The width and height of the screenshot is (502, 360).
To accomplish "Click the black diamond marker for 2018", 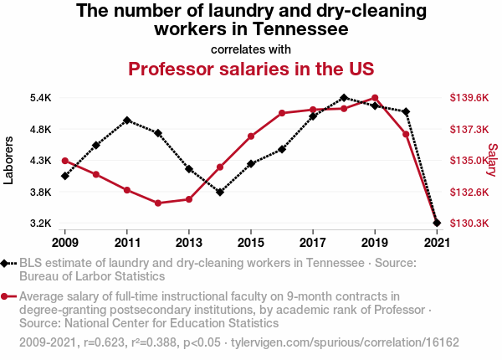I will tap(344, 98).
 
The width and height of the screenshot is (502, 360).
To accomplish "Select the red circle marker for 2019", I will tap(375, 98).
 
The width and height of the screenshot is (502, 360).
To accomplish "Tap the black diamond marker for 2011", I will tap(127, 120).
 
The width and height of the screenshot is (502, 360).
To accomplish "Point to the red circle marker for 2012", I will tap(158, 203).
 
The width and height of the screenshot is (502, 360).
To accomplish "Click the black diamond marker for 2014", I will tap(220, 193).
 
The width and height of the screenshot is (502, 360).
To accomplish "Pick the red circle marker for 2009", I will tap(65, 160).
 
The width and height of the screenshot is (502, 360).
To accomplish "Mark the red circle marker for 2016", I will tap(282, 113).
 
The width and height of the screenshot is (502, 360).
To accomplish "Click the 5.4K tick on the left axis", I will tap(39, 98).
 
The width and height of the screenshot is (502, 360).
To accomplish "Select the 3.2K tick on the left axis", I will tap(39, 224).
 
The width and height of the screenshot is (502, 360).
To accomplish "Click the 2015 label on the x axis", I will tap(251, 243).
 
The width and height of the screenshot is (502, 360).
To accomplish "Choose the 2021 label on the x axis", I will tap(436, 243).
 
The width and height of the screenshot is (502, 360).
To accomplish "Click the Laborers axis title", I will tap(9, 160).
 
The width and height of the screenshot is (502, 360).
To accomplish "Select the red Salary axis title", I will tap(493, 160).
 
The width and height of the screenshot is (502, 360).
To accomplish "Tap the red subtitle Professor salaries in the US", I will tap(251, 68).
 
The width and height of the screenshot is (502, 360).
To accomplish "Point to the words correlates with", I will tap(251, 48).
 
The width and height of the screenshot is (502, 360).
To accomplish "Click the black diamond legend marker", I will tap(6, 264).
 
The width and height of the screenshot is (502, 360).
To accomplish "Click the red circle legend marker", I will tap(6, 296).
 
